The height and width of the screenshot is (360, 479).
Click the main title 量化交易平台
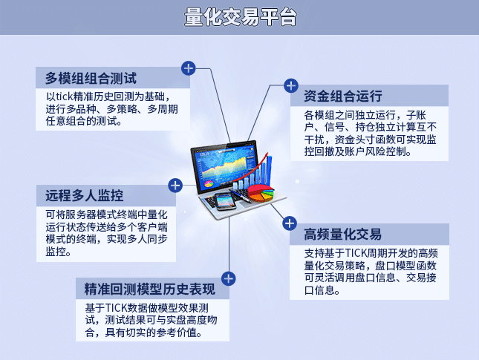click(240, 17)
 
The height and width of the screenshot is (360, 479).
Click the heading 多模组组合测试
click(91, 78)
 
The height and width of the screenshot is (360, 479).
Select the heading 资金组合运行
click(343, 96)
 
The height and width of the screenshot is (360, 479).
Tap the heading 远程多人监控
click(85, 195)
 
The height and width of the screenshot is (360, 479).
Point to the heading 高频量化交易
click(343, 235)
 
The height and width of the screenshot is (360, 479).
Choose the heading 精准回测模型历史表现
click(150, 289)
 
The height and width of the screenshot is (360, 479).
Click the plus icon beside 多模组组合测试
click(189, 68)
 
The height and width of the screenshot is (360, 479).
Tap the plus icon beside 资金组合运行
click(291, 86)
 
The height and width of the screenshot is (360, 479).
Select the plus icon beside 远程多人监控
click(175, 186)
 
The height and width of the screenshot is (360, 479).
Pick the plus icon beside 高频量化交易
click(290, 223)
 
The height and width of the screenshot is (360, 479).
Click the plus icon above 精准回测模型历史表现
click(229, 279)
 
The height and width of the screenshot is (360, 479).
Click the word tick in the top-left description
click(65, 96)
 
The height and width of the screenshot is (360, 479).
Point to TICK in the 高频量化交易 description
click(356, 253)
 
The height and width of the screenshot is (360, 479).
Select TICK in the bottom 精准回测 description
click(116, 308)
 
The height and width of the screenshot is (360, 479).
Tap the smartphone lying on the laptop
click(225, 202)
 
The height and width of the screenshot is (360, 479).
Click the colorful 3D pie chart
click(261, 193)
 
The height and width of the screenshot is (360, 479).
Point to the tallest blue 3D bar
click(270, 171)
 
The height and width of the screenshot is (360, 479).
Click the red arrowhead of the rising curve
click(267, 155)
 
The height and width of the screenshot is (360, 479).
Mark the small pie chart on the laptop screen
click(209, 184)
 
